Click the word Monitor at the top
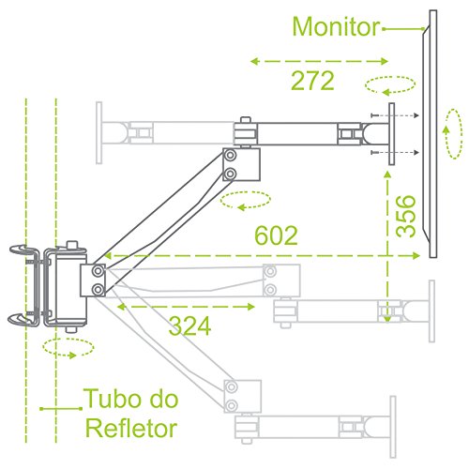[336, 25]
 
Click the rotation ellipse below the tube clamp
[68, 348]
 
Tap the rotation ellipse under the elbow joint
[246, 201]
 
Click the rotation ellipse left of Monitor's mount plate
[389, 84]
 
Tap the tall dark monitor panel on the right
[431, 131]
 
